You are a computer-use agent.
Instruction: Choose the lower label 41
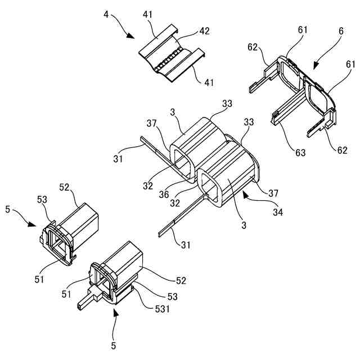pyautogui.click(x=209, y=82)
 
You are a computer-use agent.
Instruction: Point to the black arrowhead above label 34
pyautogui.click(x=246, y=195)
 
